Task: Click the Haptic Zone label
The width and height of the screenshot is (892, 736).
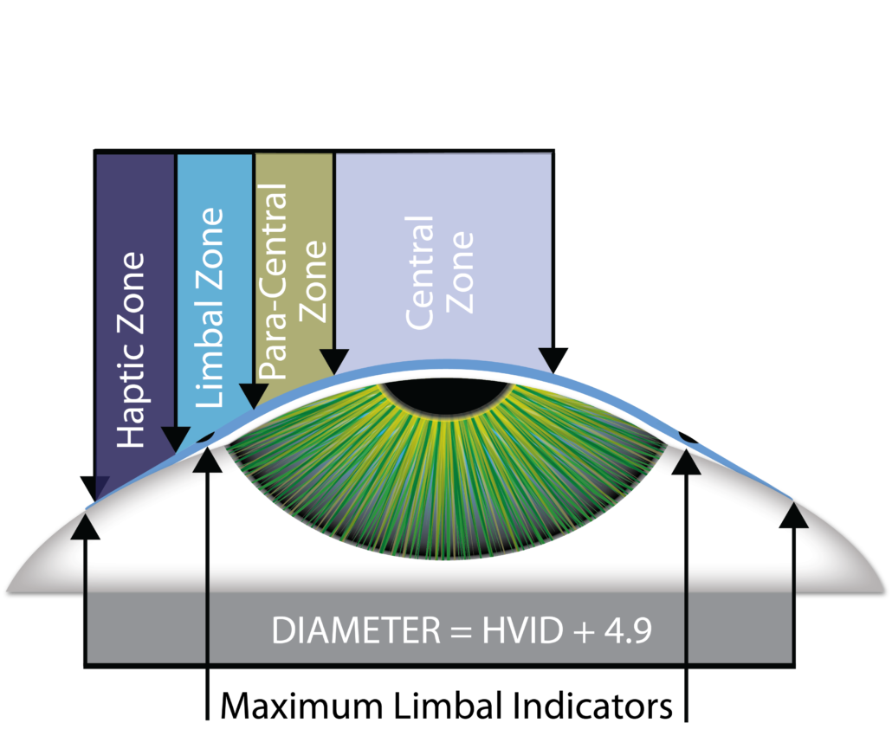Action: click(131, 350)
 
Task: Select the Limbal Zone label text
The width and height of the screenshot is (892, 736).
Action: click(210, 307)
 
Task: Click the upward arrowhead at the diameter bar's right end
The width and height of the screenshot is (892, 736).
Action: click(793, 516)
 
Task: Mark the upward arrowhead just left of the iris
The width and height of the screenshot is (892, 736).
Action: click(207, 461)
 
